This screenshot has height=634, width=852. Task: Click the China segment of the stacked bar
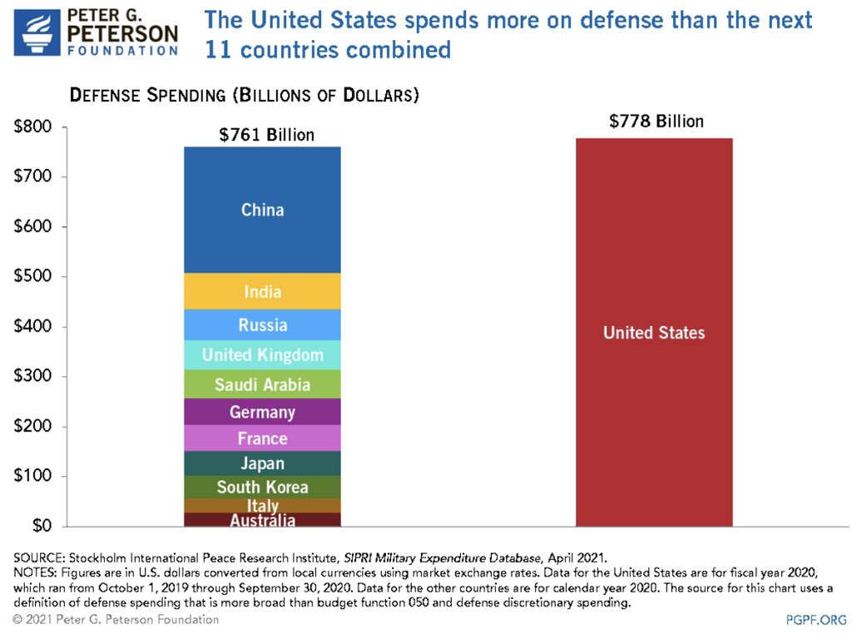pyautogui.click(x=262, y=210)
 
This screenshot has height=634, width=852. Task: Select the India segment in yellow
pyautogui.click(x=262, y=292)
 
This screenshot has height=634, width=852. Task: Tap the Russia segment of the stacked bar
pyautogui.click(x=262, y=325)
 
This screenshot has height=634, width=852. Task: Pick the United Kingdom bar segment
pyautogui.click(x=262, y=355)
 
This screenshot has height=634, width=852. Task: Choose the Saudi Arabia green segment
pyautogui.click(x=262, y=384)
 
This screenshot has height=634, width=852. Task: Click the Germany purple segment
pyautogui.click(x=262, y=412)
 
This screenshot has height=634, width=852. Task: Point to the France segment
pyautogui.click(x=262, y=438)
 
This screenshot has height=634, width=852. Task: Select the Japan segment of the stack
pyautogui.click(x=262, y=463)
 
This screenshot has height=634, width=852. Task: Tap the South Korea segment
pyautogui.click(x=262, y=487)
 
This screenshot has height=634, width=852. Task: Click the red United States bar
pyautogui.click(x=653, y=333)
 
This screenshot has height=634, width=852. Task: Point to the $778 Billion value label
pyautogui.click(x=656, y=121)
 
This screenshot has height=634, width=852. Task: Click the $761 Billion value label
pyautogui.click(x=266, y=135)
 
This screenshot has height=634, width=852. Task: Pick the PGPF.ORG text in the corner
pyautogui.click(x=815, y=620)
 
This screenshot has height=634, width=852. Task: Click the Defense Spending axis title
pyautogui.click(x=244, y=95)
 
